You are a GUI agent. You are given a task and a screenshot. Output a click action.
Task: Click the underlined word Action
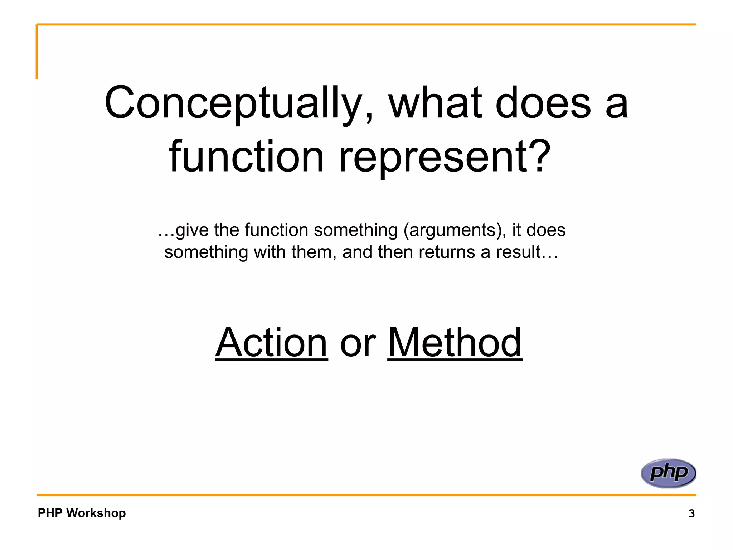(271, 343)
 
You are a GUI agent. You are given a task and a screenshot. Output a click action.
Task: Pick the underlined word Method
(455, 343)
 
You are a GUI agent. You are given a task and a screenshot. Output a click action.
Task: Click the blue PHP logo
(669, 473)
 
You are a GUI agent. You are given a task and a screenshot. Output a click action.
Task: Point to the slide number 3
(691, 513)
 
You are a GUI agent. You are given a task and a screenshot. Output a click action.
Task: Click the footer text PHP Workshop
(82, 513)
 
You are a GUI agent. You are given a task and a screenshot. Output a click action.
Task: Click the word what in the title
(435, 104)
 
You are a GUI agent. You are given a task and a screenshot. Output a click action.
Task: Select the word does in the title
(543, 104)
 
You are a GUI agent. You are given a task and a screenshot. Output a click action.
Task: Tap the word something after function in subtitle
(356, 230)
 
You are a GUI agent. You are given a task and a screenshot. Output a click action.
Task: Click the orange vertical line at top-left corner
(37, 52)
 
